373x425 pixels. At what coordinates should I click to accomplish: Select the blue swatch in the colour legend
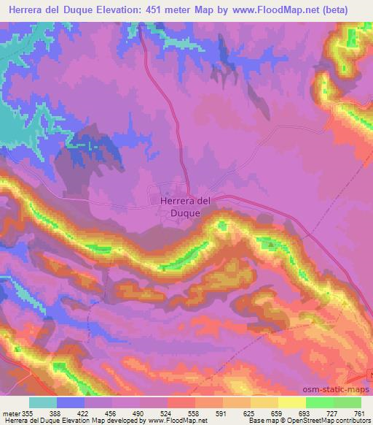pos(71,402)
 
